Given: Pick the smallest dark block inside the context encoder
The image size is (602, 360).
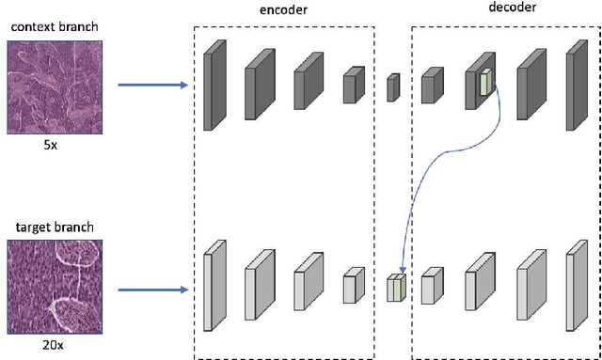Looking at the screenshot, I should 353,85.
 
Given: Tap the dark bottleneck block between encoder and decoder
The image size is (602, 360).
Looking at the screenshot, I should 393,87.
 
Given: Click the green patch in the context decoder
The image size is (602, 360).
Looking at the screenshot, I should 485,83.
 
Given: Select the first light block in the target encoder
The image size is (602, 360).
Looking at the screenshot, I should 214,286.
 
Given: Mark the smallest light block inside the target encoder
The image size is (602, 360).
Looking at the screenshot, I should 353,286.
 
